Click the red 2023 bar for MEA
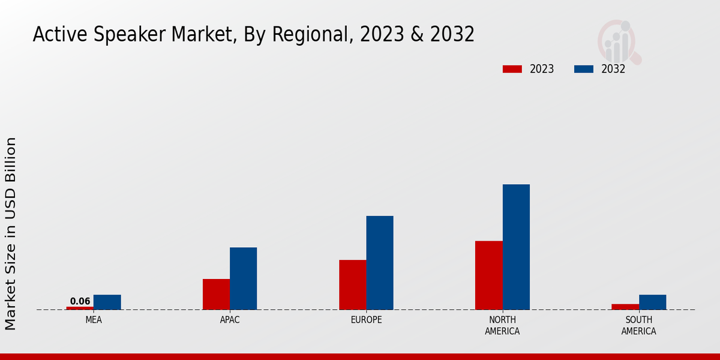[80, 308]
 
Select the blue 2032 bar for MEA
[107, 302]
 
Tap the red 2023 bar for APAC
[216, 295]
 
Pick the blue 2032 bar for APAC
[243, 278]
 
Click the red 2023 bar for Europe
[352, 285]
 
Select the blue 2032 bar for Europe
[380, 263]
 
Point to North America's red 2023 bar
[489, 275]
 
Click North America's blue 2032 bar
[516, 247]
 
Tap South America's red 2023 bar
[625, 307]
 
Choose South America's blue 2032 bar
[652, 302]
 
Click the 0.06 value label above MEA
[80, 301]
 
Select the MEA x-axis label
[94, 320]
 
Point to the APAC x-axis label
[230, 320]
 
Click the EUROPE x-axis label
[366, 320]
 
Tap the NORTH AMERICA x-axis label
[503, 325]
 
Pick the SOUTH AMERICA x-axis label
[638, 325]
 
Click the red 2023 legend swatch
[512, 69]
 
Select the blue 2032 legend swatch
[583, 69]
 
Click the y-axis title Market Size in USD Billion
[11, 233]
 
